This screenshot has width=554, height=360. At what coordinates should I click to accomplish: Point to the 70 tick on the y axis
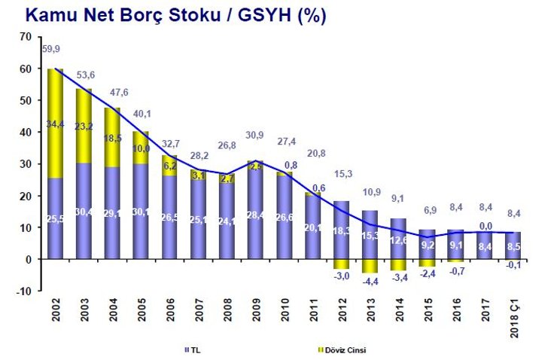pos(25,37)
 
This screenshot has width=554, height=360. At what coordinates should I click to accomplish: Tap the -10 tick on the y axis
pos(23,291)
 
